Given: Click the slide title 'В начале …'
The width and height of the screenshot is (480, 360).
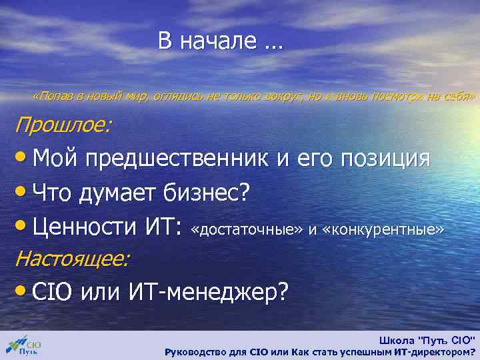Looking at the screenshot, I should pos(220,41).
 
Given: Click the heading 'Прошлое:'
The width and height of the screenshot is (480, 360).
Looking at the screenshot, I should pos(64,125).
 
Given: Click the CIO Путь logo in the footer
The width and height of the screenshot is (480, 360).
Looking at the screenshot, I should pos(25,345).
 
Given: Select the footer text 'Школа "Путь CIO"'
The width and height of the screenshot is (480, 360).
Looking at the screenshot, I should pos(427,339).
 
